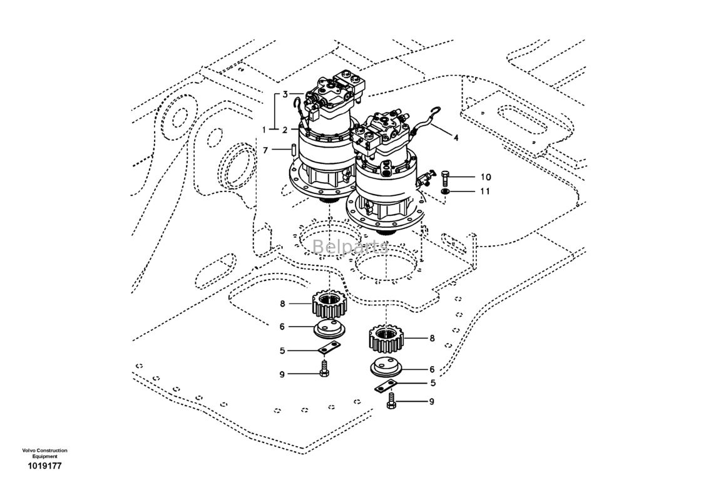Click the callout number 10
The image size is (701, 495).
pyautogui.click(x=486, y=177)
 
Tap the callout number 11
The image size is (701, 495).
pyautogui.click(x=486, y=191)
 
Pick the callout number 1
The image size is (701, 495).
pyautogui.click(x=264, y=130)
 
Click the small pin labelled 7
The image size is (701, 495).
pyautogui.click(x=293, y=150)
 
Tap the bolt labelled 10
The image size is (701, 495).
pyautogui.click(x=445, y=176)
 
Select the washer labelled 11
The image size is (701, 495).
pyautogui.click(x=446, y=191)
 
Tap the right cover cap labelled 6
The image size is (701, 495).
pyautogui.click(x=386, y=369)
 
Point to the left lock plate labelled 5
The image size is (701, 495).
pyautogui.click(x=328, y=352)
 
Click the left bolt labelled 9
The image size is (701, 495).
pyautogui.click(x=324, y=370)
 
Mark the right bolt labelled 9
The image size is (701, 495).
pyautogui.click(x=391, y=402)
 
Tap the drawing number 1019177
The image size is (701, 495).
pyautogui.click(x=44, y=466)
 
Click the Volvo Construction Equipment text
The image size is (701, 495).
pyautogui.click(x=44, y=454)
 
